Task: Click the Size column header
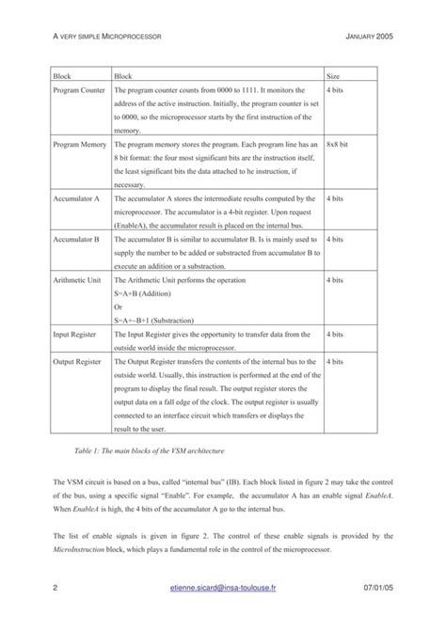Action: pos(332,74)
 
